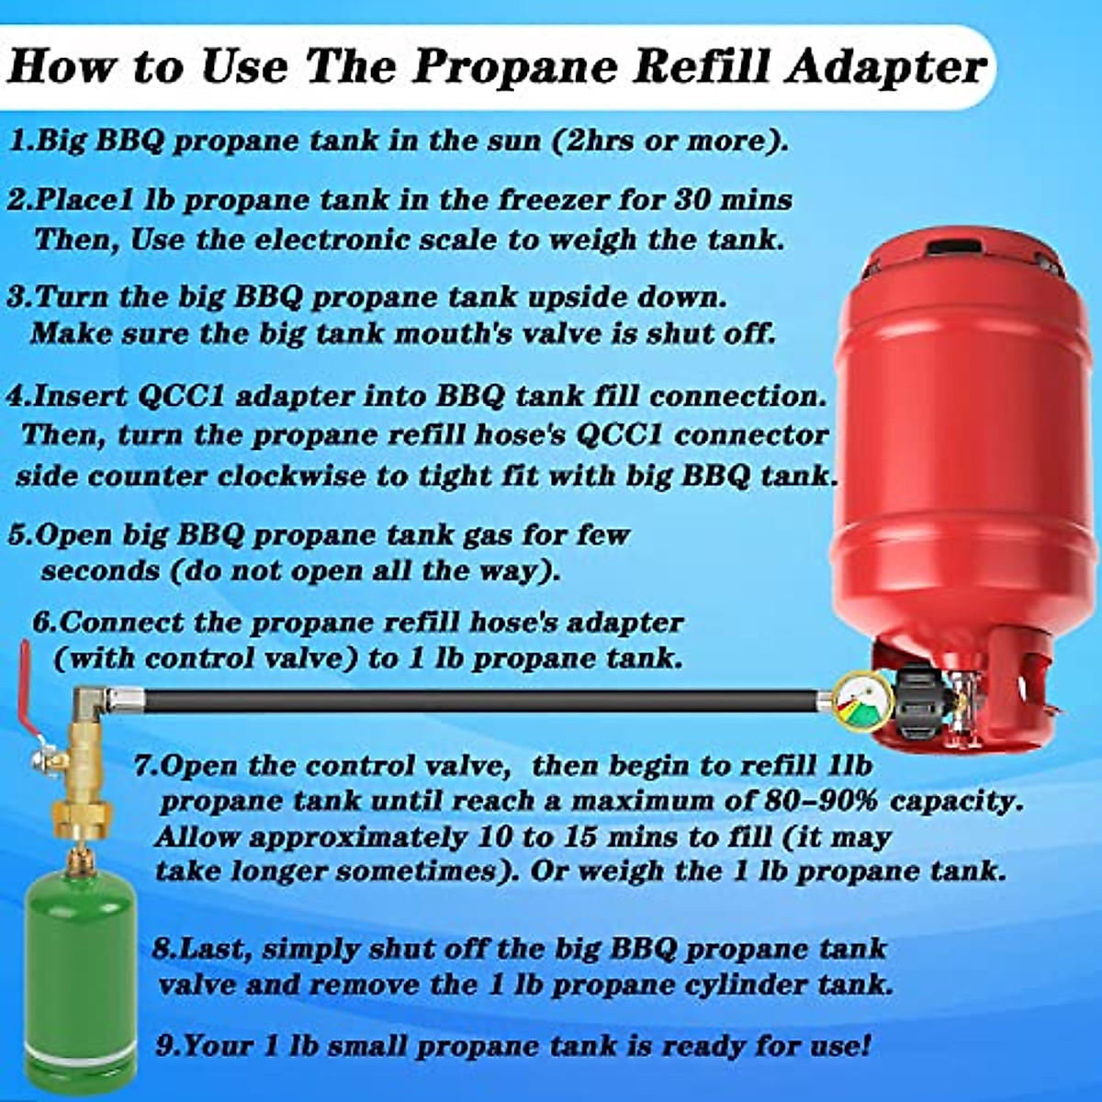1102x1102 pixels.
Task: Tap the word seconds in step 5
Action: [99, 571]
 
